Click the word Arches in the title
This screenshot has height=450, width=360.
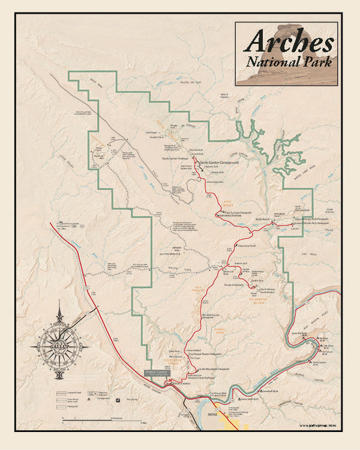289,41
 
